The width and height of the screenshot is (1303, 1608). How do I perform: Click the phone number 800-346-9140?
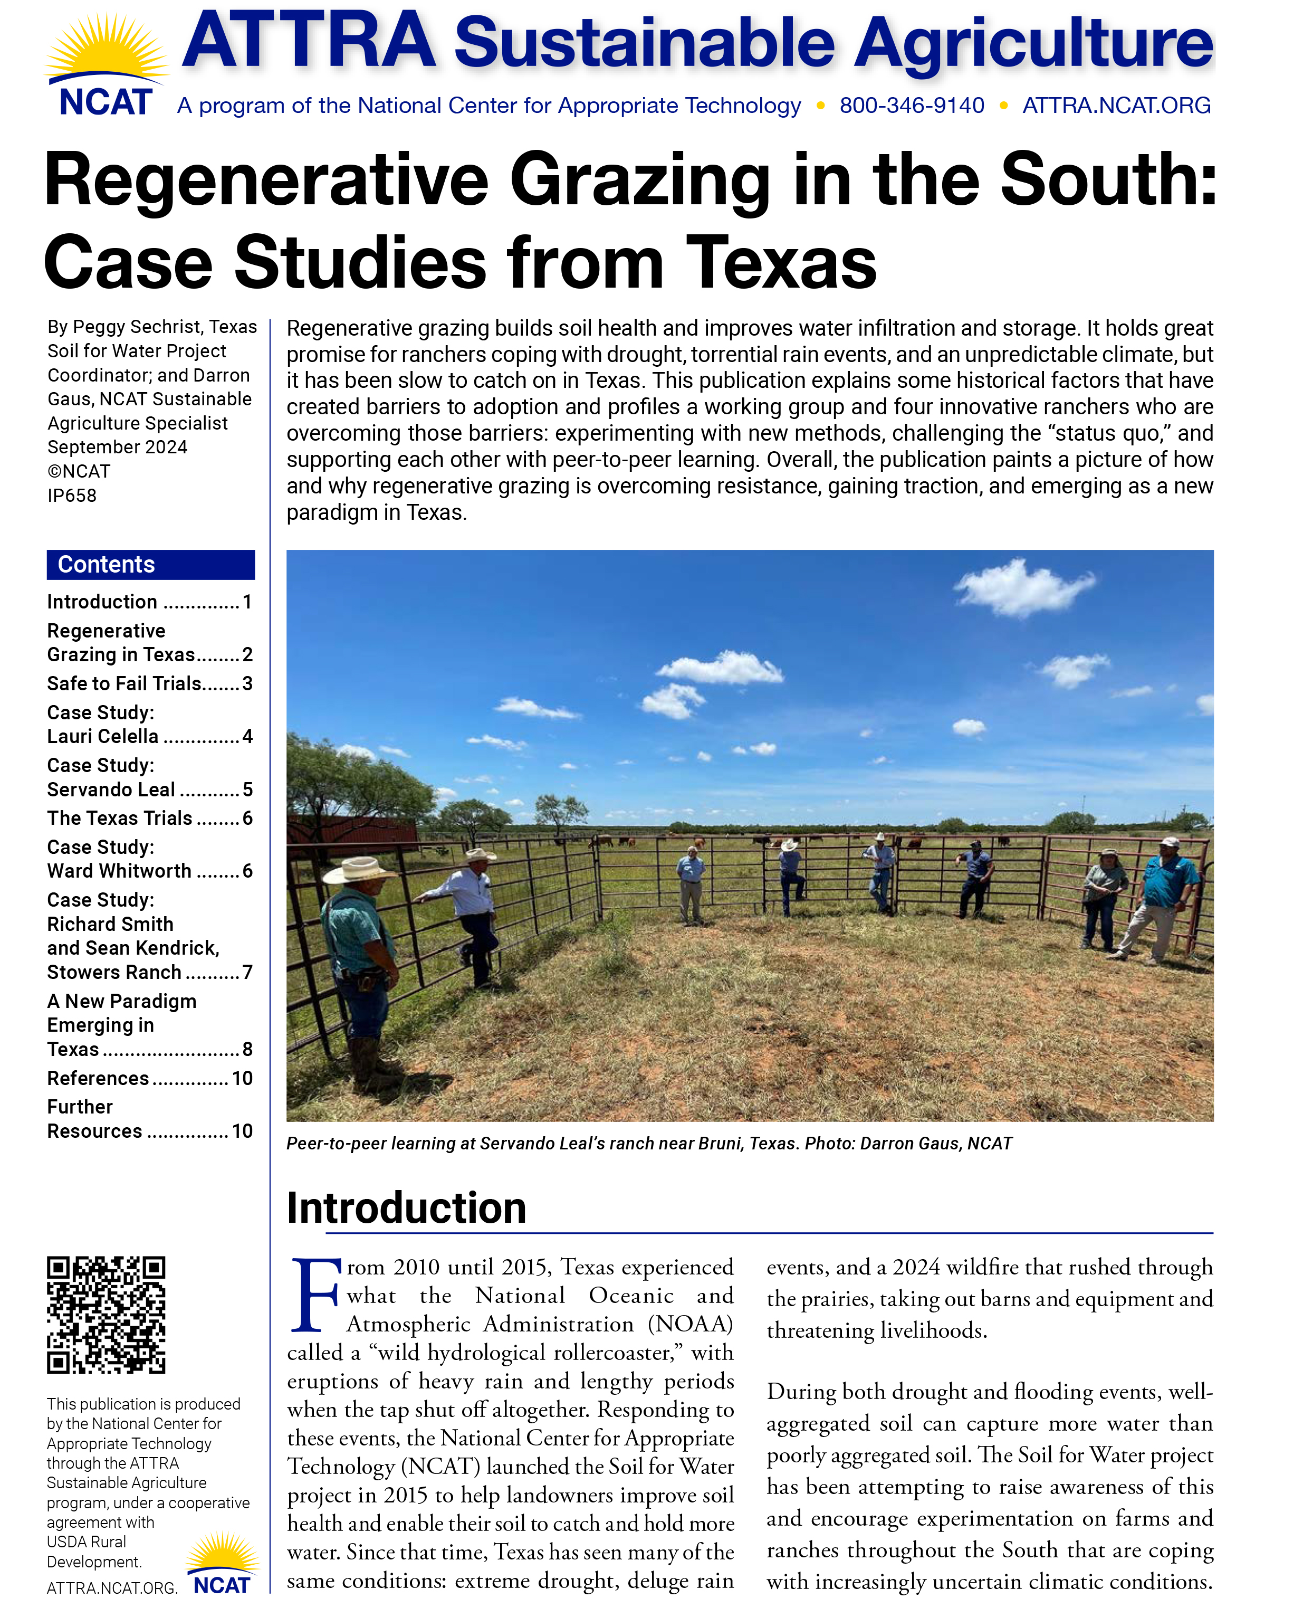click(911, 106)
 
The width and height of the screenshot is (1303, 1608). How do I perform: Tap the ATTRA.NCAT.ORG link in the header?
click(1116, 106)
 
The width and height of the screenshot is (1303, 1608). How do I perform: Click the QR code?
click(106, 1315)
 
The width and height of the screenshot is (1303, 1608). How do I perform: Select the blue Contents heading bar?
click(150, 565)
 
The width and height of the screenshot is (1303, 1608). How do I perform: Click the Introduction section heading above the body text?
click(406, 1208)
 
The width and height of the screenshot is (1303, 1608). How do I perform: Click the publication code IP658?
click(72, 496)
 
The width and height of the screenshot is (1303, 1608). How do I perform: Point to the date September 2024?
click(117, 448)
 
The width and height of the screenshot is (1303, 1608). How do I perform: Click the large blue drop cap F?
click(314, 1294)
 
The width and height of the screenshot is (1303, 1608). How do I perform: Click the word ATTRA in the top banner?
click(309, 41)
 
